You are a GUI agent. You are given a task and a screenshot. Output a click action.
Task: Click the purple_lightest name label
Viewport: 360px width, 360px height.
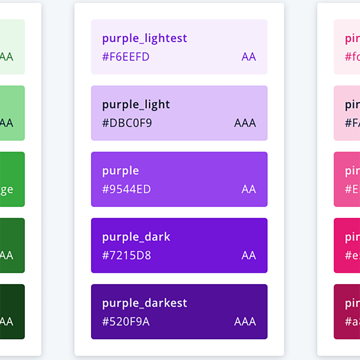144,38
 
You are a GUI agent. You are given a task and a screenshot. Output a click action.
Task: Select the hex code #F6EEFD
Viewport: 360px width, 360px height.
126,57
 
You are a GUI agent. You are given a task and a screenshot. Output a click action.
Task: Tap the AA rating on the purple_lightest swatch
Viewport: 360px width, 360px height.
248,57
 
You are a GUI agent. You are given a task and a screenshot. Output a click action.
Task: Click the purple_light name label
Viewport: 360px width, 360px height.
136,104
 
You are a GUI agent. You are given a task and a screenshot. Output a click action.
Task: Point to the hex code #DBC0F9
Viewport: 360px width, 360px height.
127,123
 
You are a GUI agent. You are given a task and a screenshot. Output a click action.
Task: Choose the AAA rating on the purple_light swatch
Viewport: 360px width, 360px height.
245,123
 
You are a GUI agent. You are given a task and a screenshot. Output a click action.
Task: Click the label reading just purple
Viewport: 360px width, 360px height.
120,171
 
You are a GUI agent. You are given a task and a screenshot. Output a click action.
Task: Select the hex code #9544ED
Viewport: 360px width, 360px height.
127,189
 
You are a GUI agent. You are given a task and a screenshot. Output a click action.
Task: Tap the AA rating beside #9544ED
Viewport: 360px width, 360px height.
248,189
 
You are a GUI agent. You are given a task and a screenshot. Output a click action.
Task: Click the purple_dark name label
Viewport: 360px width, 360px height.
136,237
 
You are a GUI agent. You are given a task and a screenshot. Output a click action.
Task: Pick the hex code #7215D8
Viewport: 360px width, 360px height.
127,256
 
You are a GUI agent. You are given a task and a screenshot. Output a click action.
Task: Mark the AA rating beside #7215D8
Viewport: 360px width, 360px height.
248,256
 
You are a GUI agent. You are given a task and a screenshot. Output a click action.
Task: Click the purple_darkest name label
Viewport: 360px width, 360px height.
144,303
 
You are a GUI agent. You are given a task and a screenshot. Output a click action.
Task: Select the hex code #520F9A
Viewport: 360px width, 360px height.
126,322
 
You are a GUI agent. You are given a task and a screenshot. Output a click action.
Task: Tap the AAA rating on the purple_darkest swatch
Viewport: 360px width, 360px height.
245,322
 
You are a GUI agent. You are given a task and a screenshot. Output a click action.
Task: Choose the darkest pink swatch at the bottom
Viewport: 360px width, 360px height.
347,312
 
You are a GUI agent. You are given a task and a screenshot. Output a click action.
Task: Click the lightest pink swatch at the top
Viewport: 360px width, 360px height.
347,47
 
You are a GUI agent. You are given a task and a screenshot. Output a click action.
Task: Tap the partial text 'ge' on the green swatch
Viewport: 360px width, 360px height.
6,190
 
